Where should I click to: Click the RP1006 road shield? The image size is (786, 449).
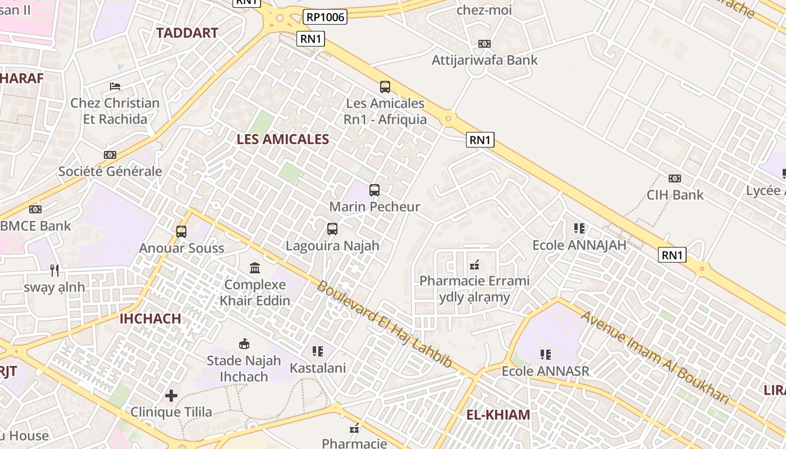point(325,17)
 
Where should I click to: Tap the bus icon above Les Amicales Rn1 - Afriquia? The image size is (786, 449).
point(385,87)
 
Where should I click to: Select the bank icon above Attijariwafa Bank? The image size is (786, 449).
point(484,44)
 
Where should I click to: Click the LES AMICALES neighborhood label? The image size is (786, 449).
point(282,139)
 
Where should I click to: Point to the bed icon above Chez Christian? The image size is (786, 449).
point(115,86)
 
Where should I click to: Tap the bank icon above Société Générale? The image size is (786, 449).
point(110,155)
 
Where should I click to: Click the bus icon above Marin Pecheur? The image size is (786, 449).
point(374,190)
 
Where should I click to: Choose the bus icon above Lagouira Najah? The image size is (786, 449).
point(332,229)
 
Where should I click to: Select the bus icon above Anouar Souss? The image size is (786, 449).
point(181,232)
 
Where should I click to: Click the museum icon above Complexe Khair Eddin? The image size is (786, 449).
point(255,268)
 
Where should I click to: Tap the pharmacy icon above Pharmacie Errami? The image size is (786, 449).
point(474,264)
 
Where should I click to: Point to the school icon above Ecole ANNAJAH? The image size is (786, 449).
point(579,228)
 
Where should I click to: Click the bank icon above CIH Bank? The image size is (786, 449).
point(675,178)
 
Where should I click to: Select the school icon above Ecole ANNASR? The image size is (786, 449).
point(545,355)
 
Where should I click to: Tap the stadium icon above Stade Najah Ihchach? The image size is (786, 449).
point(244,343)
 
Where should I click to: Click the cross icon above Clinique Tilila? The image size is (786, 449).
point(171,396)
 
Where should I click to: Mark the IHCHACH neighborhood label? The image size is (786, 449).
point(150,319)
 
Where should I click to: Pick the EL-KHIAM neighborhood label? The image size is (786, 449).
point(498,415)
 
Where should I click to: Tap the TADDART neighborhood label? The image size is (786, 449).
point(187,33)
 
